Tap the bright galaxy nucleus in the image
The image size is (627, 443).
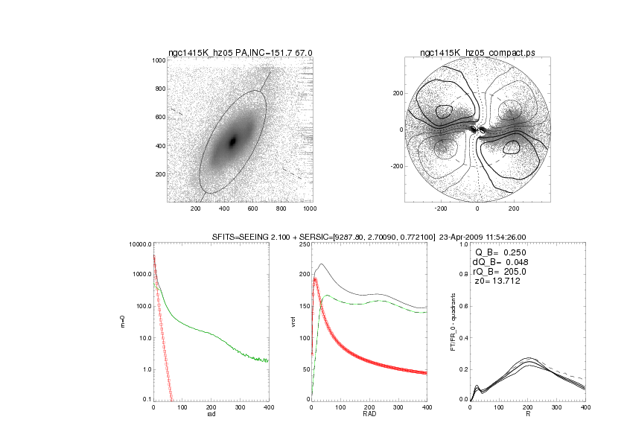tap(233, 141)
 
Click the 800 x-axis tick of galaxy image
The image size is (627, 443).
tap(281, 209)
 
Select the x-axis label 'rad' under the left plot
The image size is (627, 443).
tap(211, 414)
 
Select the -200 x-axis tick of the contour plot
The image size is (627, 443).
tap(440, 209)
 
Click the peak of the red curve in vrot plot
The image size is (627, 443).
tap(316, 278)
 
